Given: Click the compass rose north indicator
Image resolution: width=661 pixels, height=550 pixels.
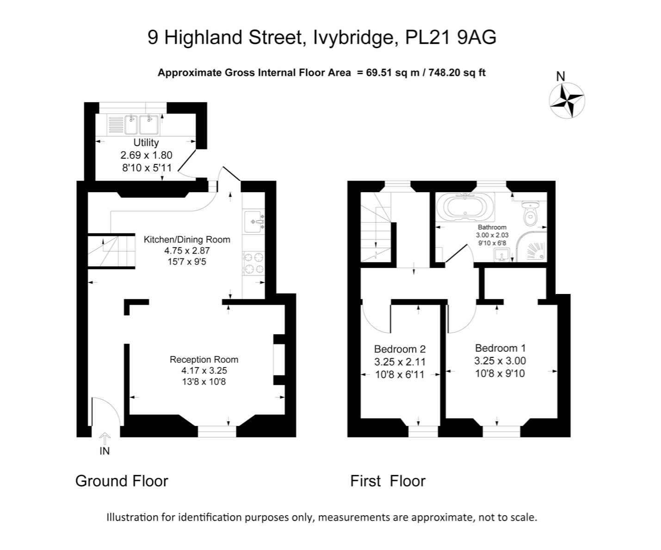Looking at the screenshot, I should (x=567, y=100).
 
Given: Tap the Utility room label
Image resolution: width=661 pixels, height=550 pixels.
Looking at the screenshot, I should (x=146, y=143).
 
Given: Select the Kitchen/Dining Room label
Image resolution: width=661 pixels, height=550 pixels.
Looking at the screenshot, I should (x=187, y=239).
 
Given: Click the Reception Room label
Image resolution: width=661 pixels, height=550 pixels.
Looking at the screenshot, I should (x=204, y=359).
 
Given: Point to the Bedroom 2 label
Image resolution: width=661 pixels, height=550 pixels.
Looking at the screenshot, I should (x=400, y=349).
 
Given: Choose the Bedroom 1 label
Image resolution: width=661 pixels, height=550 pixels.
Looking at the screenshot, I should (x=500, y=348).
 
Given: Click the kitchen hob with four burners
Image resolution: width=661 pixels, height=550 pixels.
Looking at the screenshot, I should (x=253, y=262).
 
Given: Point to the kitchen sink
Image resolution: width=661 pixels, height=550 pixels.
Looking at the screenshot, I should (x=253, y=222).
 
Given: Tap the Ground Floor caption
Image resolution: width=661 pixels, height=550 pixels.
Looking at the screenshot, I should (x=122, y=481).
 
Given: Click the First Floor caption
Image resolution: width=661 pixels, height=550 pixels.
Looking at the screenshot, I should (x=388, y=481).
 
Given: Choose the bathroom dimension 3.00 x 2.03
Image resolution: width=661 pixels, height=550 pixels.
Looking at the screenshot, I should (x=492, y=235).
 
